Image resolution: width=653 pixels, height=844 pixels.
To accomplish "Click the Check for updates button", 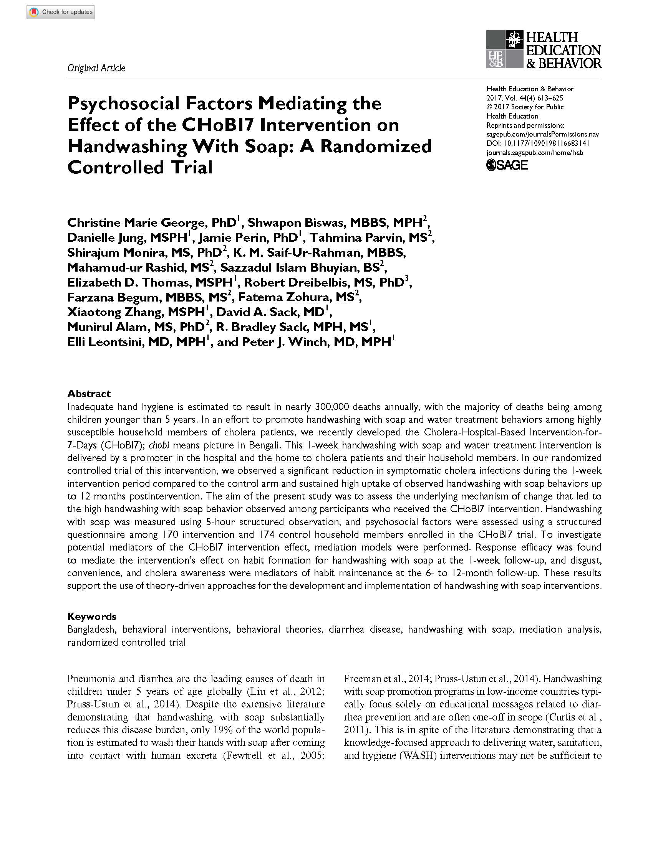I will coord(61,12).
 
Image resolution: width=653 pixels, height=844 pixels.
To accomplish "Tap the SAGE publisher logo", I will coord(507,165).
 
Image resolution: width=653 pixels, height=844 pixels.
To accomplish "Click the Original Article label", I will coord(96,68).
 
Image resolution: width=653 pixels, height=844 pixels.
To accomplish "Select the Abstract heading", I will coord(89,393).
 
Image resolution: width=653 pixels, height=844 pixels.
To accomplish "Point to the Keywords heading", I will coord(92,616).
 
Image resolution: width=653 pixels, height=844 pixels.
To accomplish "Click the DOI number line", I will coord(538,143).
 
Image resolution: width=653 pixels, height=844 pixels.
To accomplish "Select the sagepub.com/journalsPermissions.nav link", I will coord(542,134).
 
